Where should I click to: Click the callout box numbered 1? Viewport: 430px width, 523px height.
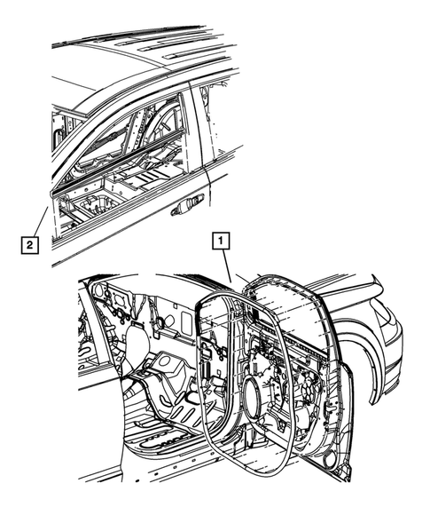coord(220,239)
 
